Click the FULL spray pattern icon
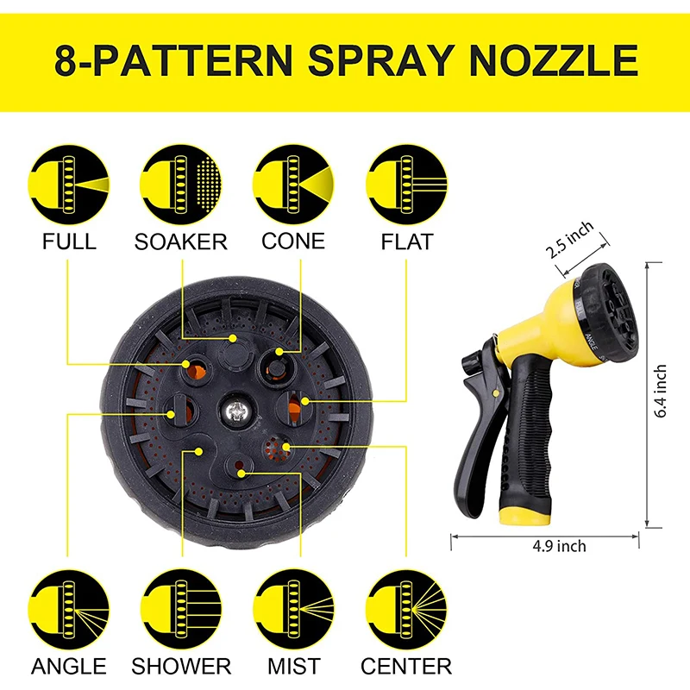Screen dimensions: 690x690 pos(69,184)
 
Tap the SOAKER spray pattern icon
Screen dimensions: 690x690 pos(180,184)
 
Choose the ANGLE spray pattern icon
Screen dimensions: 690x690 pos(69,609)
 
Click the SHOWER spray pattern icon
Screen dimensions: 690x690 pos(180,609)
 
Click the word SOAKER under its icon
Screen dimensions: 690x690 pos(180,241)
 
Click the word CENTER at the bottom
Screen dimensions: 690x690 pos(406,666)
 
